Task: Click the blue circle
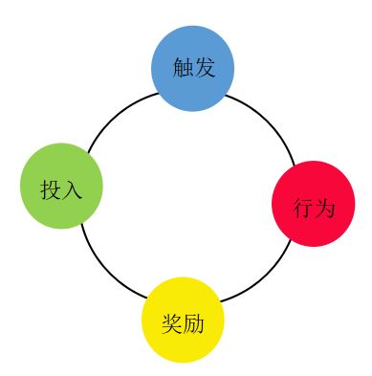[192, 68]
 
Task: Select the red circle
[313, 204]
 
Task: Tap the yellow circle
[183, 321]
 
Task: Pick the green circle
[61, 186]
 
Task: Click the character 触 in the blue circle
[183, 68]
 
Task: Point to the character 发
[204, 68]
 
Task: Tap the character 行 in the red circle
[303, 208]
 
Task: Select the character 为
[325, 208]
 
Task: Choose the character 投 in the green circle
[51, 189]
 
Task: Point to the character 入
[73, 189]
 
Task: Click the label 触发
[193, 68]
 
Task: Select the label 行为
[314, 208]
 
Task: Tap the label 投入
[61, 189]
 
